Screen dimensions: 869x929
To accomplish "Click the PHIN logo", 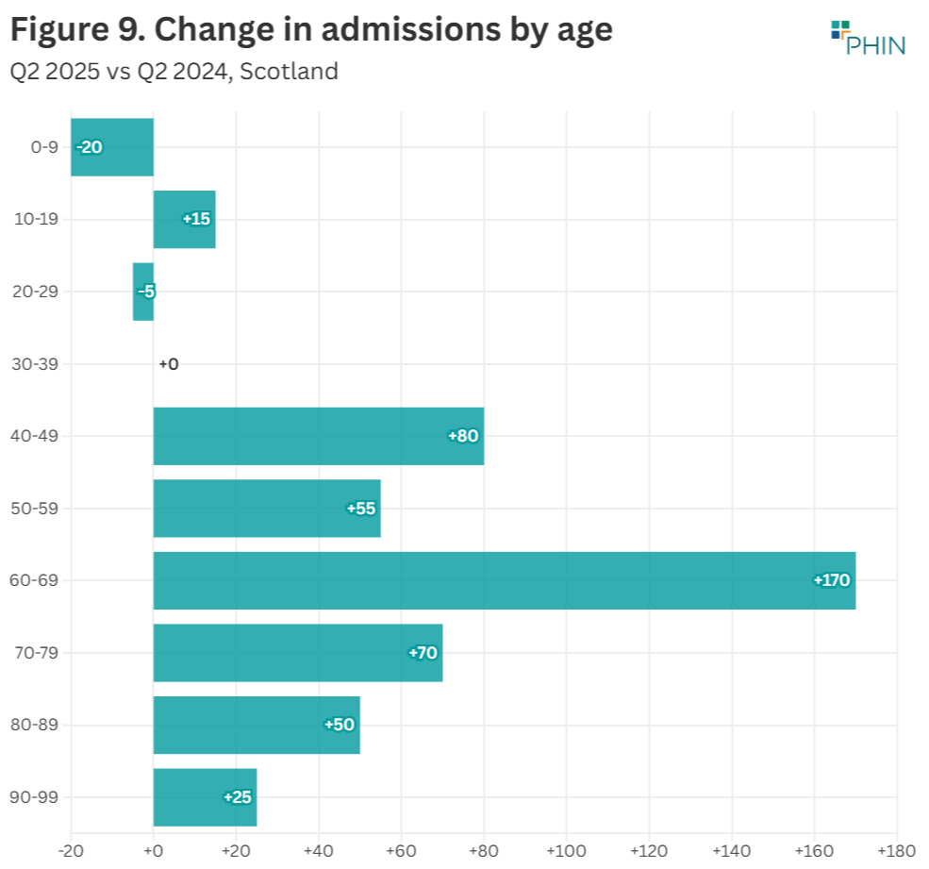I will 867,38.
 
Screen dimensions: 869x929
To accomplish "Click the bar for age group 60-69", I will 504,580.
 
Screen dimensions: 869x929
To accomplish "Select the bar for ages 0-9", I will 111,147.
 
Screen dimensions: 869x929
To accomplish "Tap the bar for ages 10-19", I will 184,219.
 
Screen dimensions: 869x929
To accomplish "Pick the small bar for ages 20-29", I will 143,292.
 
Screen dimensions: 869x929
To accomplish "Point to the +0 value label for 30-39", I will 169,364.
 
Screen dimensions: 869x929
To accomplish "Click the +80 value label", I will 464,436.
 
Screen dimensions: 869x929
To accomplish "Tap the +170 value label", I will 832,580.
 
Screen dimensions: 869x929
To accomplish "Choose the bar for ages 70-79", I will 297,653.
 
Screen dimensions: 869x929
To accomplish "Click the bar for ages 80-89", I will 256,725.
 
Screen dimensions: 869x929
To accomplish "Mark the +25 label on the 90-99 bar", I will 238,797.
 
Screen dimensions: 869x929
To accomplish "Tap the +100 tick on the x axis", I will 566,851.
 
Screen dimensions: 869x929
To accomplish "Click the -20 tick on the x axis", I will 71,851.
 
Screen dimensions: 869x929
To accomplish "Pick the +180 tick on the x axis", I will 896,851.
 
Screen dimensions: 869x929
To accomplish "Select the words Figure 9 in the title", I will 75,30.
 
